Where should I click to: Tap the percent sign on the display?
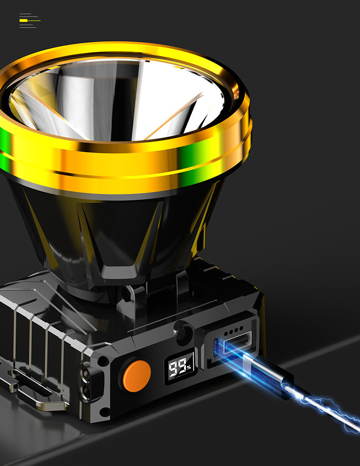(x=189, y=366)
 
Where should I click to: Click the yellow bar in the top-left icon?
(x=24, y=20)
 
